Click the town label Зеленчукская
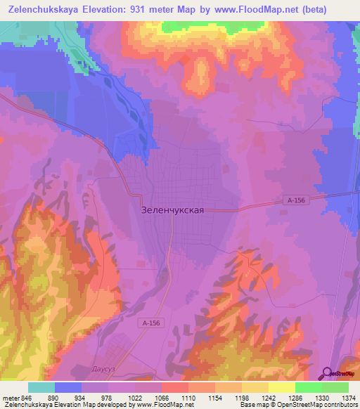pyautogui.click(x=172, y=209)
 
